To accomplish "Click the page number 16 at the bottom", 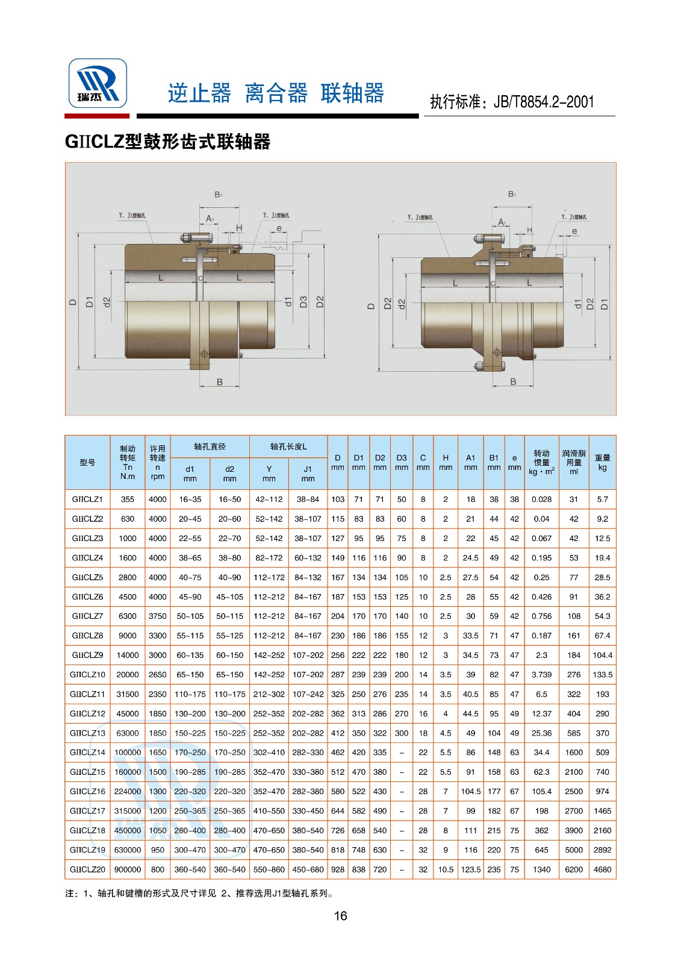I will coord(340,916).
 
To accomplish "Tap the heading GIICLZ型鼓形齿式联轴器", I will coord(167,142).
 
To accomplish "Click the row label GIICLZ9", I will coord(87,655).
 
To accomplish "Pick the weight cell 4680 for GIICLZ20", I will coord(602,869).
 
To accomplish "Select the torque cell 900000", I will coord(127,869).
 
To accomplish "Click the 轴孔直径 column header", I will coord(210,446).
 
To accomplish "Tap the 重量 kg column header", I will coord(602,462).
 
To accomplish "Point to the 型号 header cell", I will coord(87,462).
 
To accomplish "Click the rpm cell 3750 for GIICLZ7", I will coord(158,616).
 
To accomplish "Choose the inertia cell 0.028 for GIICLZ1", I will coord(541,499).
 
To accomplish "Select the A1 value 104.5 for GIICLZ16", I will coord(470,792).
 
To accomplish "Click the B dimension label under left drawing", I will coord(220,382).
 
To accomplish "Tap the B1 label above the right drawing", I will coord(512,194).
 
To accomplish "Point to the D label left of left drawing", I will coord(73,302).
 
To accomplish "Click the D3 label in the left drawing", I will coord(303,302).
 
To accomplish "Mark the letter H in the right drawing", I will coord(530,230).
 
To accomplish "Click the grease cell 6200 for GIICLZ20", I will coord(574,869).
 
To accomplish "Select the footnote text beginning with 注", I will coord(199,894).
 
